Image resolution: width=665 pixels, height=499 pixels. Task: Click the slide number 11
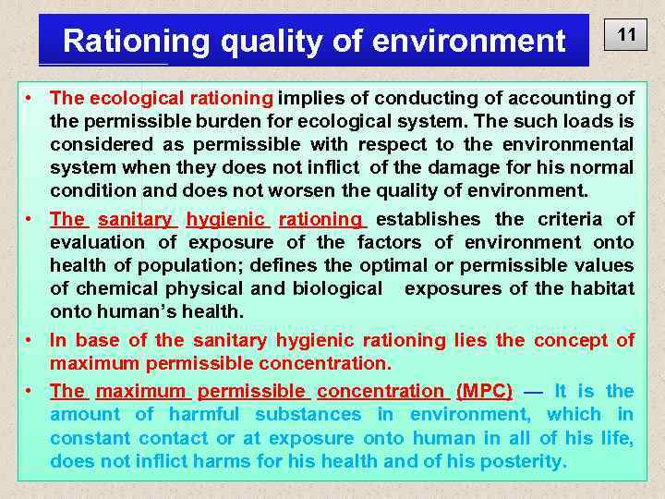(626, 36)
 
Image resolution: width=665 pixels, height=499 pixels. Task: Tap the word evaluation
(100, 242)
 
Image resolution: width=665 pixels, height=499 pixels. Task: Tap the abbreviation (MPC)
(485, 391)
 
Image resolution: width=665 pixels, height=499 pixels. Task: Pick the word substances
(308, 414)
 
